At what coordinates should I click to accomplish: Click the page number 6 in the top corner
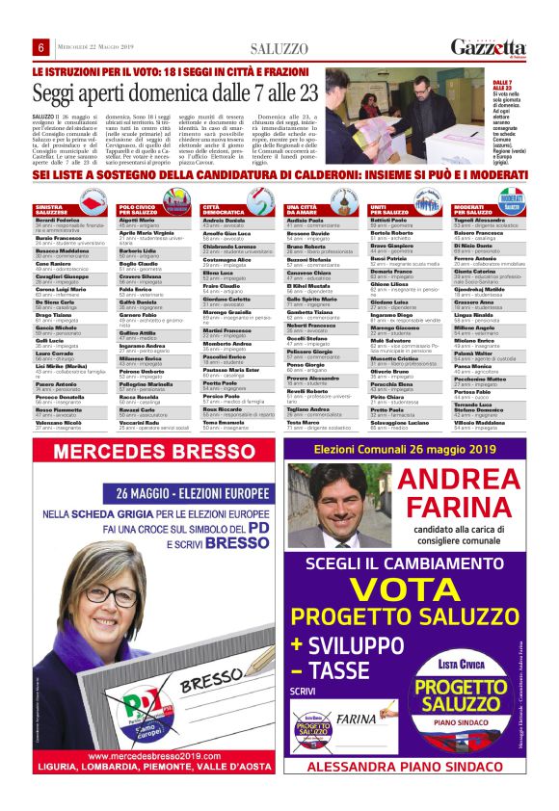click(41, 48)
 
